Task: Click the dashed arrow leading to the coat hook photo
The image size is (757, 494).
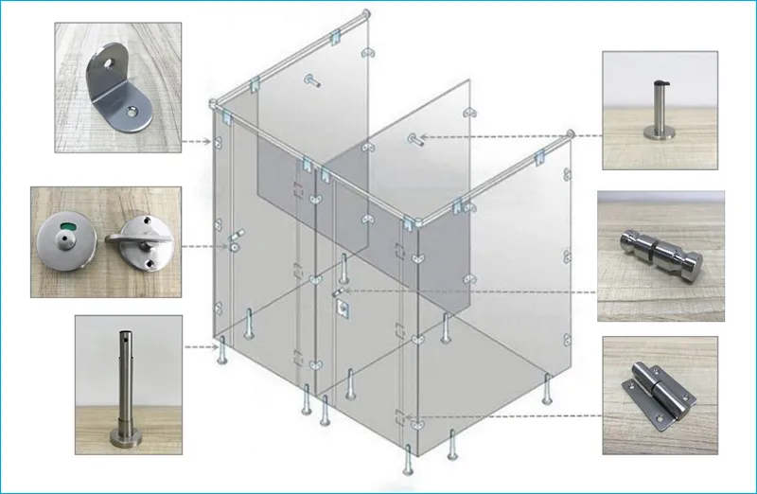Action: [x=511, y=136]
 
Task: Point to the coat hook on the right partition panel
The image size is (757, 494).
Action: [x=414, y=140]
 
